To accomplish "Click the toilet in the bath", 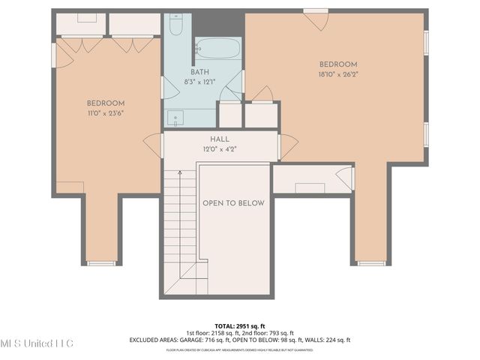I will click(x=176, y=26).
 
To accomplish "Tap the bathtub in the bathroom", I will click(x=218, y=49).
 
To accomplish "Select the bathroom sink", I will click(x=175, y=117).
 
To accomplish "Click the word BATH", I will click(x=199, y=72).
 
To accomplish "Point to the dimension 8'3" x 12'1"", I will click(x=199, y=82).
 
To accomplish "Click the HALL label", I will click(x=220, y=139).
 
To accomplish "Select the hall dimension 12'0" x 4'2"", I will click(x=220, y=149).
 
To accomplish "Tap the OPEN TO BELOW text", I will click(x=233, y=203).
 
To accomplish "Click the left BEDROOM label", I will click(x=105, y=103).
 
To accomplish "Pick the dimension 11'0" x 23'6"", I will click(x=105, y=113).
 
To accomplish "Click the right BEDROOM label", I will click(x=338, y=64).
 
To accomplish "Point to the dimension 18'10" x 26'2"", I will click(x=338, y=74).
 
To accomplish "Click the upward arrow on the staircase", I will click(x=180, y=174).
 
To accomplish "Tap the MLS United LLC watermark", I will click(x=37, y=343).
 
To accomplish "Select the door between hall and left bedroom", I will click(x=154, y=145).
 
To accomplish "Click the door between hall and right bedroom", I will click(x=287, y=145).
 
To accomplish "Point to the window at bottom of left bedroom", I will click(x=101, y=263).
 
